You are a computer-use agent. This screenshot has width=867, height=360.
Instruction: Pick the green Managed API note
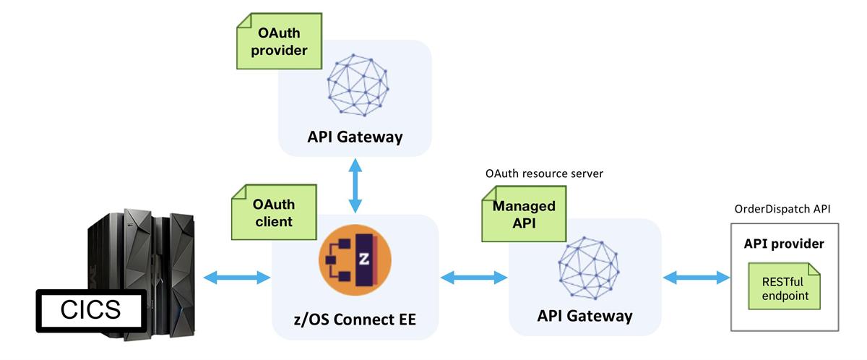(x=523, y=214)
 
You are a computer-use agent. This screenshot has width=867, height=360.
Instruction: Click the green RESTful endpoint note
(x=784, y=288)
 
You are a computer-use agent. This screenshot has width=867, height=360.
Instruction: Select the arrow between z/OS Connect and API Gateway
(x=474, y=277)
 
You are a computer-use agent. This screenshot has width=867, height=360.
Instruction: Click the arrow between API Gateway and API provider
(x=696, y=277)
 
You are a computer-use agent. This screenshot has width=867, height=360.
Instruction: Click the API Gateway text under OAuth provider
(x=355, y=137)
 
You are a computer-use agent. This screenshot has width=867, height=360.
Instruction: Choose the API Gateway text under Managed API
(x=585, y=315)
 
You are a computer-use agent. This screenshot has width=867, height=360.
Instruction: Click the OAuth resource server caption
(x=544, y=174)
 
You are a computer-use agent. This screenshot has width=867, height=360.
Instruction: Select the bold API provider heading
(x=784, y=244)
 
